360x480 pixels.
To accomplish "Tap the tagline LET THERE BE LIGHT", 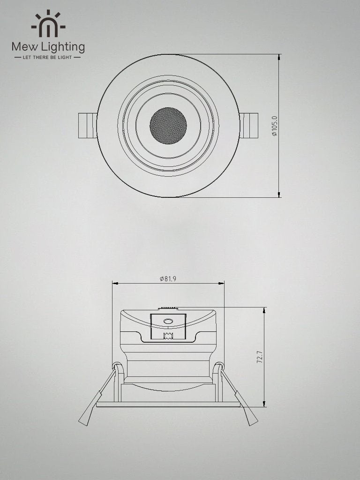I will pos(48,57).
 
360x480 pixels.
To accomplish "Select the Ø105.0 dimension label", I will pos(274,126).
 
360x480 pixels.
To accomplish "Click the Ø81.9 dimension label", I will pos(168,278).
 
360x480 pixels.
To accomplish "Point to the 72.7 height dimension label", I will pos(259,357).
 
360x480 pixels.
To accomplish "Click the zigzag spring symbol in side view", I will pos(168,335).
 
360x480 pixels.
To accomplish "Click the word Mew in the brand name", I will pos(23,47).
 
